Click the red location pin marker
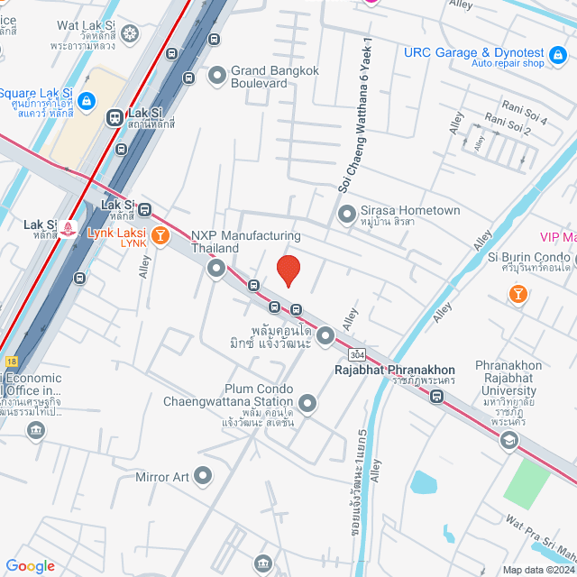[288, 270]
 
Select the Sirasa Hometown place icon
[345, 215]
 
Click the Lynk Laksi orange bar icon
[160, 236]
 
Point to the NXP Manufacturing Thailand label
[245, 242]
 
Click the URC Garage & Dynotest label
[474, 52]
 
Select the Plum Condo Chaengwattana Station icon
[307, 403]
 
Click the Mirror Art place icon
[204, 474]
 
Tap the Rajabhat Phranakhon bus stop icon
[437, 397]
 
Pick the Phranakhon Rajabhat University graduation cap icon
[509, 439]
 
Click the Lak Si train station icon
[114, 116]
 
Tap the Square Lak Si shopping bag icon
[87, 100]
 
